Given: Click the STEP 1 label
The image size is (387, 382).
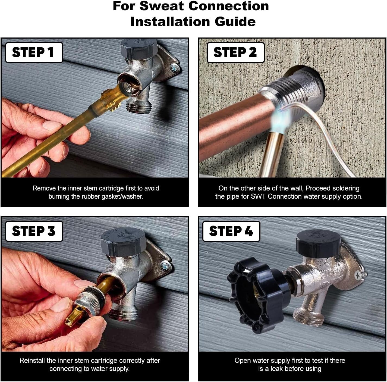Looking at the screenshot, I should pos(34,52).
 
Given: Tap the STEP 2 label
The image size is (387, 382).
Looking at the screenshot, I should pos(235,52).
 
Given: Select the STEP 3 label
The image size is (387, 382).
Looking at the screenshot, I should pos(34,231).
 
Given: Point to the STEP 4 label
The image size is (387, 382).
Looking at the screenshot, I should pos(231,231).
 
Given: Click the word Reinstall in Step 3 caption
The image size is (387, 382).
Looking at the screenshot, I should pos(32,361).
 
